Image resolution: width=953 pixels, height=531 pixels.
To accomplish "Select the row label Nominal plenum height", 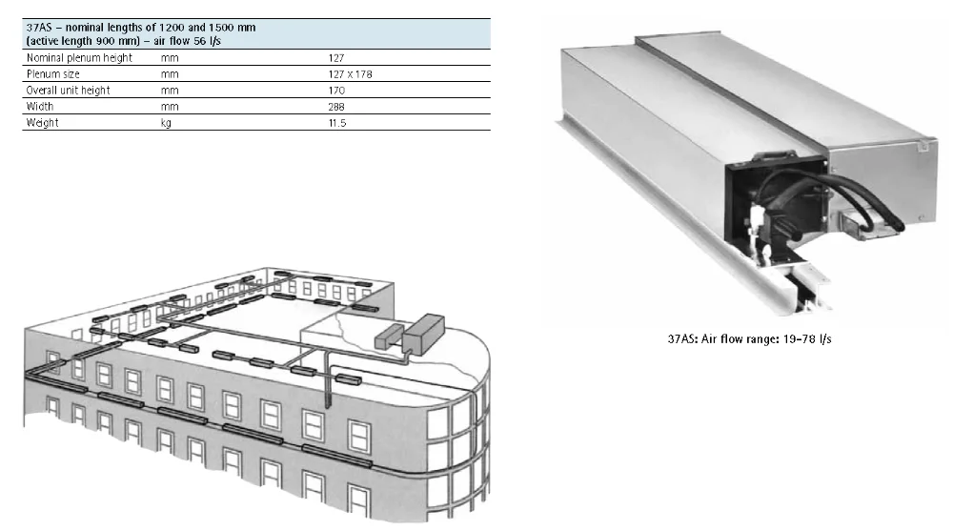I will (x=78, y=58).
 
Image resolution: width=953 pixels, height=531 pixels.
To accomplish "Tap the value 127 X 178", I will (x=351, y=74).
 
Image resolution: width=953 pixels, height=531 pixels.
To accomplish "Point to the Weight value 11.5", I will (x=336, y=123).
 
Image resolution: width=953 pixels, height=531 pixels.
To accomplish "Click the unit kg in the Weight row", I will (x=166, y=123).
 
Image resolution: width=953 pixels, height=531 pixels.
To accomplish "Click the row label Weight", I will (x=41, y=123).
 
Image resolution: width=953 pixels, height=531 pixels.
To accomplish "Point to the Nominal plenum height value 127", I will (x=335, y=58).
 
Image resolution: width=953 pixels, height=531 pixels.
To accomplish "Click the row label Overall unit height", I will (x=68, y=91).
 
